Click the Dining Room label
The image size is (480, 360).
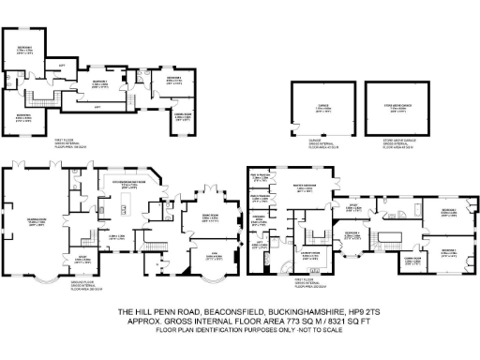click(202, 215)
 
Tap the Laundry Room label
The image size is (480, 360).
click(307, 253)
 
